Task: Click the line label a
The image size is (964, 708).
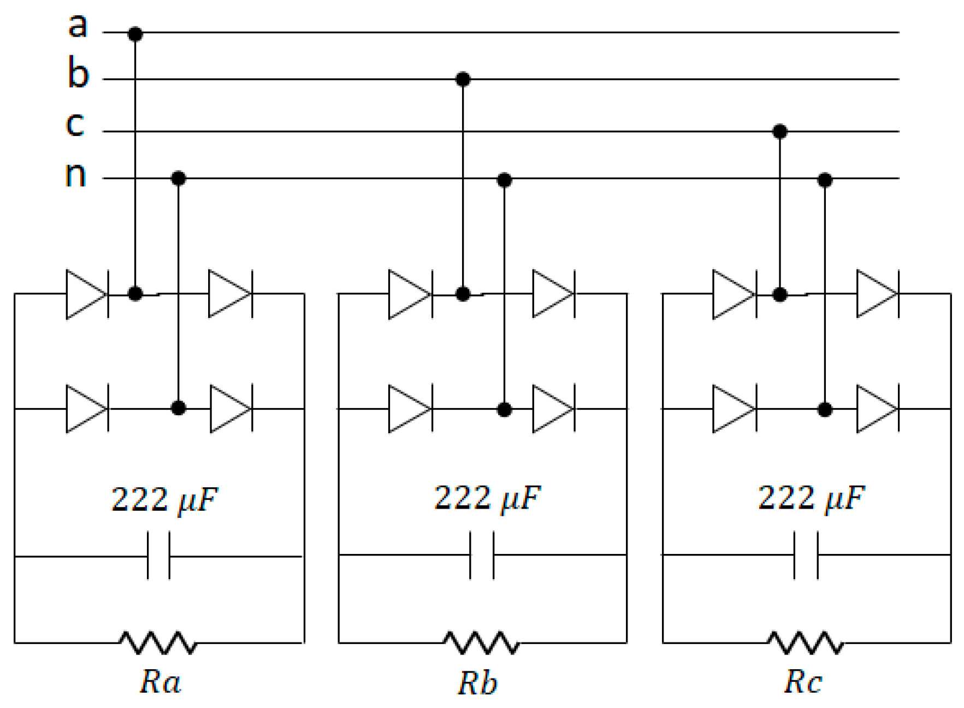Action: [x=77, y=26]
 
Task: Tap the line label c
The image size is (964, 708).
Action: [x=75, y=124]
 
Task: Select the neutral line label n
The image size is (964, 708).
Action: [x=75, y=174]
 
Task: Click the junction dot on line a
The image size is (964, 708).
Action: [x=135, y=34]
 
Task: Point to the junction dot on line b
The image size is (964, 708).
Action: [x=463, y=79]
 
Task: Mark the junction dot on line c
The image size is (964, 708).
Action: [x=780, y=131]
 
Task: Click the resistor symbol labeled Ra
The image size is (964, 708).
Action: [x=158, y=642]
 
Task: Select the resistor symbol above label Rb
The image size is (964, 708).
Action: [x=482, y=642]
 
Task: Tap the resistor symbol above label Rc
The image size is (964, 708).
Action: [x=806, y=642]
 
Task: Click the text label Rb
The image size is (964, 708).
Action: [x=477, y=683]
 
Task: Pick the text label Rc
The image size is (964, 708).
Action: [x=803, y=682]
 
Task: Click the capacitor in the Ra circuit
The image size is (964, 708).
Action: [x=158, y=556]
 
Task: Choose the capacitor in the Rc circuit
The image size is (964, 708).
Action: [x=806, y=555]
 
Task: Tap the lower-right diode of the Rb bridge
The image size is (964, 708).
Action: [x=553, y=409]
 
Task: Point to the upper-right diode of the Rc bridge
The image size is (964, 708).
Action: [x=877, y=294]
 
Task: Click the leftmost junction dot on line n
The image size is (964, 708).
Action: [x=179, y=178]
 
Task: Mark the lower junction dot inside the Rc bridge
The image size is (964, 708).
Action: [x=825, y=409]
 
